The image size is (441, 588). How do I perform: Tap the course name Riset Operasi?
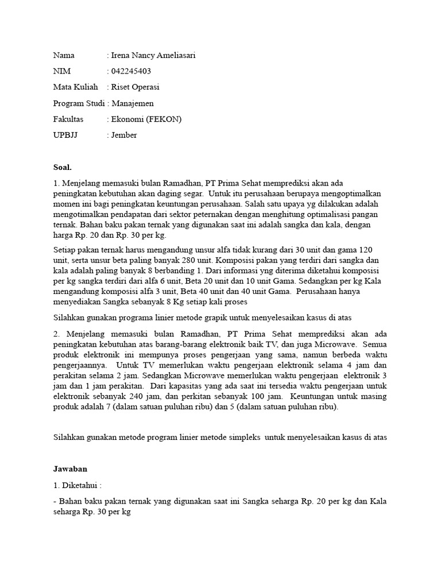(136, 87)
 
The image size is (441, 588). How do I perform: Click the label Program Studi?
(79, 103)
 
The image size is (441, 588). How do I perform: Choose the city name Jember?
(125, 136)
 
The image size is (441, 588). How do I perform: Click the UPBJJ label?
(65, 136)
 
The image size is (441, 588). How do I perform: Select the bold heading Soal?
(62, 168)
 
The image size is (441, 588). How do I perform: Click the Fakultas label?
(68, 119)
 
